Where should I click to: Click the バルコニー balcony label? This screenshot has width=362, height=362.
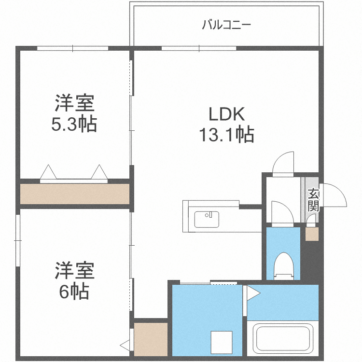pyautogui.click(x=226, y=24)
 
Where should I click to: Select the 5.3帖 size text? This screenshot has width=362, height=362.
pyautogui.click(x=74, y=125)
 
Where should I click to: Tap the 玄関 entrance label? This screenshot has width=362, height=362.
pyautogui.click(x=313, y=200)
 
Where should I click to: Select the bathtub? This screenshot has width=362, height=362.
pyautogui.click(x=282, y=340)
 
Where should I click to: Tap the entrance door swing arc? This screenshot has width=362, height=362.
pyautogui.click(x=336, y=195)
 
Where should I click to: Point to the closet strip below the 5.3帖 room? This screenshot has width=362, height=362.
pyautogui.click(x=74, y=194)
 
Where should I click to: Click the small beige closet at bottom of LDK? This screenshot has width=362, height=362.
pyautogui.click(x=150, y=339)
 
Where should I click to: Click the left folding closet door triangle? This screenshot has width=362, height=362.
pyautogui.click(x=49, y=172)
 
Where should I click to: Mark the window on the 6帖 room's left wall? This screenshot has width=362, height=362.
pyautogui.click(x=18, y=240)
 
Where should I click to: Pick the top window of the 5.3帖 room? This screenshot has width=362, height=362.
pyautogui.click(x=73, y=48)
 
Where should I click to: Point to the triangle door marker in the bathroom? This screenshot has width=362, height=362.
pyautogui.click(x=251, y=293)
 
